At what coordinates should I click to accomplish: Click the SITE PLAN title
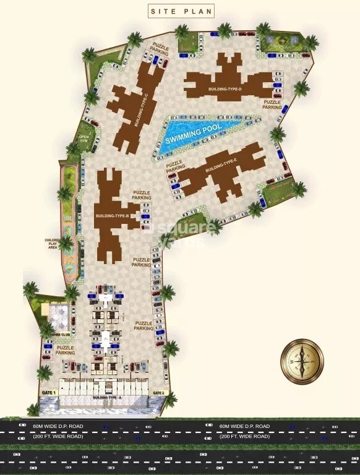click(179, 11)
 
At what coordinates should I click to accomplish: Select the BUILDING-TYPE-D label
click(226, 89)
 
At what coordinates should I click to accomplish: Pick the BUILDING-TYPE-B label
click(112, 216)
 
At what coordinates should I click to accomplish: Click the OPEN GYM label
click(84, 139)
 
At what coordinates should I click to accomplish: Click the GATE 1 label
click(48, 393)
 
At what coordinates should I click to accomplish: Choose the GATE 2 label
click(158, 393)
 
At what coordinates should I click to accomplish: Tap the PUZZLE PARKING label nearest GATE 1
click(65, 350)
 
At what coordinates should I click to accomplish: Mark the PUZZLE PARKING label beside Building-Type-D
click(273, 105)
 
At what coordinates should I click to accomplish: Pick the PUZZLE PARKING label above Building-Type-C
click(161, 49)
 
